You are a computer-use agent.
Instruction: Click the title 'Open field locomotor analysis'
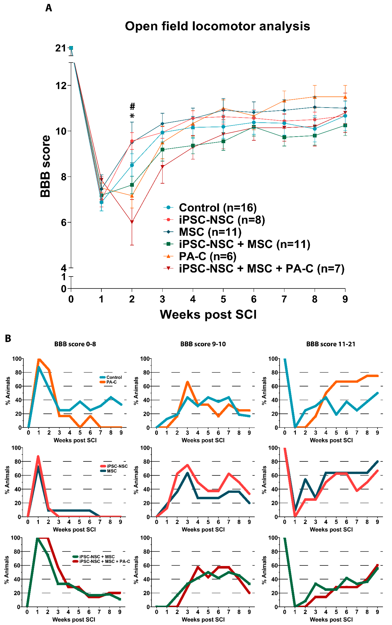click(217, 26)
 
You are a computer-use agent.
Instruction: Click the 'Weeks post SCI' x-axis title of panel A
click(208, 314)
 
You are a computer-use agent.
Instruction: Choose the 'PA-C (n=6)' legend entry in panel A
click(207, 256)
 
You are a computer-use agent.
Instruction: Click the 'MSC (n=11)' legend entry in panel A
click(210, 232)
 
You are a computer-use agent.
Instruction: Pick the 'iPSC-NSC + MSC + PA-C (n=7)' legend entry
click(261, 269)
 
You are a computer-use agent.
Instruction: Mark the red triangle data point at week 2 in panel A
click(132, 222)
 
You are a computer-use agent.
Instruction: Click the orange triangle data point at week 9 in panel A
click(345, 97)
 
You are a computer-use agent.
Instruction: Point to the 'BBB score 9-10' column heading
click(203, 344)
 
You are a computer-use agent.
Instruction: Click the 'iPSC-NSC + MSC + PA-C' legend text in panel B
click(105, 561)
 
